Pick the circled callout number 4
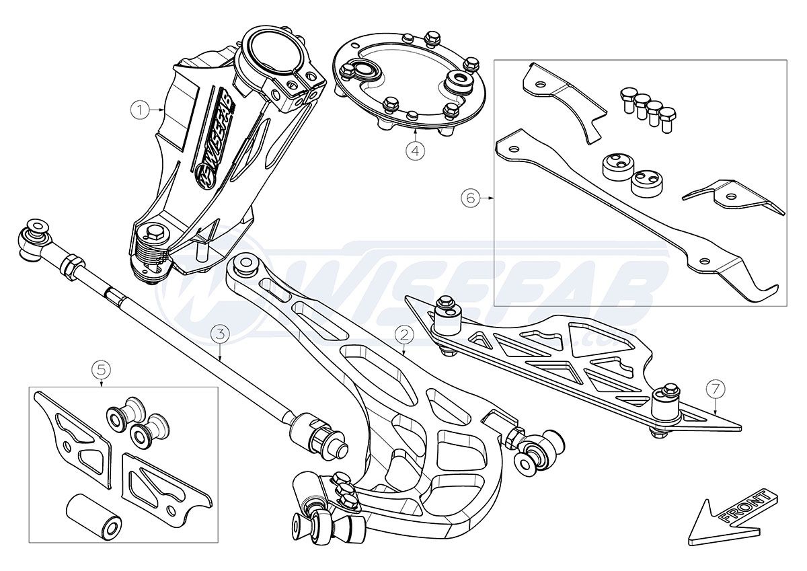(416, 151)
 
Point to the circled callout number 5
(101, 369)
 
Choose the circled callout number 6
(470, 198)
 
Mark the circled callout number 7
(715, 388)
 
